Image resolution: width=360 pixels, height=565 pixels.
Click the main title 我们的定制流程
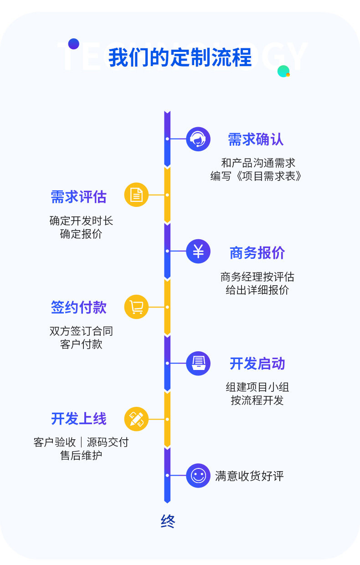click(x=180, y=58)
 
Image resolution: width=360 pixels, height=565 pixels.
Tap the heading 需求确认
click(x=256, y=139)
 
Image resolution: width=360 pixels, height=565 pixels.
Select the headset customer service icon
click(x=198, y=139)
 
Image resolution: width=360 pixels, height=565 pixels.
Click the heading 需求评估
click(x=78, y=197)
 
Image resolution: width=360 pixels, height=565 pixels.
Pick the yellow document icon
click(x=136, y=195)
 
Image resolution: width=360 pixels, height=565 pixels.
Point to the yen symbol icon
click(x=198, y=251)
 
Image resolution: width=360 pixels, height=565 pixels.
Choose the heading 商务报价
click(x=257, y=253)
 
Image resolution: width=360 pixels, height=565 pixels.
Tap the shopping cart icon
click(x=136, y=307)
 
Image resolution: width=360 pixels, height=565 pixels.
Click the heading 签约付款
click(x=78, y=308)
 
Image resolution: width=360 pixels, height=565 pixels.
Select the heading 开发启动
click(x=257, y=364)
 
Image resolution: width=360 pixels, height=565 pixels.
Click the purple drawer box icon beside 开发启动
click(x=198, y=363)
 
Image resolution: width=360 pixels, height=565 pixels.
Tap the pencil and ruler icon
click(x=136, y=419)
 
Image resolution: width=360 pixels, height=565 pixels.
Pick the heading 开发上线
click(x=78, y=419)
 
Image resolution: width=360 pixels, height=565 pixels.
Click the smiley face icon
click(x=198, y=476)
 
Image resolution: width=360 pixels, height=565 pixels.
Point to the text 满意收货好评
click(x=249, y=476)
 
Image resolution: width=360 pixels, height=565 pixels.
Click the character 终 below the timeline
click(x=168, y=521)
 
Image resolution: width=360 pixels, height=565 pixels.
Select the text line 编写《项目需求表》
click(x=256, y=176)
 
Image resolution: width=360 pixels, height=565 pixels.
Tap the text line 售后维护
click(x=81, y=455)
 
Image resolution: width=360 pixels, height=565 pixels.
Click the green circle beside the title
click(x=283, y=71)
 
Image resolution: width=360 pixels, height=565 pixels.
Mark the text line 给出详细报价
click(x=257, y=290)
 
